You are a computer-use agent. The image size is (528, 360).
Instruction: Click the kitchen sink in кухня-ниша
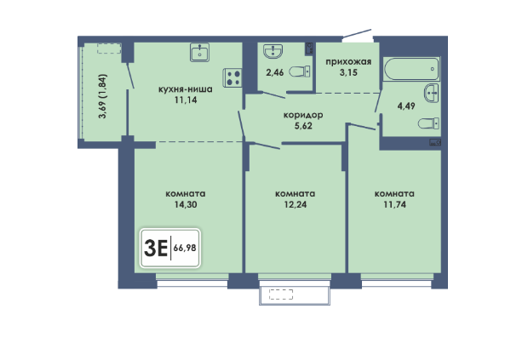[199, 52]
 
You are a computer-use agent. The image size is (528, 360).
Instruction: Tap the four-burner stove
[232, 77]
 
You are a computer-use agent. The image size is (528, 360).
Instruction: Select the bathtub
[411, 69]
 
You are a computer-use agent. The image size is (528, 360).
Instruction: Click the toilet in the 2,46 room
[300, 71]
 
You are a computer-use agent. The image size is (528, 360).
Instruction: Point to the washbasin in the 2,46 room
[273, 51]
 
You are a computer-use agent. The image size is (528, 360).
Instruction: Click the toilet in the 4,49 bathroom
[428, 123]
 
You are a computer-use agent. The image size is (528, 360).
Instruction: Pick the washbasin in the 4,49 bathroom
[432, 94]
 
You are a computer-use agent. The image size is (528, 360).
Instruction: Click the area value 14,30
[186, 204]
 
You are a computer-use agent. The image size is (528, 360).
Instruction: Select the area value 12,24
[296, 204]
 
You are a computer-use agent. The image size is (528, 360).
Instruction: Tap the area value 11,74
[394, 204]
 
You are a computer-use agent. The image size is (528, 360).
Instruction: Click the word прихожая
[348, 62]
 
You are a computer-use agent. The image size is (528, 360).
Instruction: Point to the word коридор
[303, 115]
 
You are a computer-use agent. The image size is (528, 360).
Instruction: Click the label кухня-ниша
[185, 89]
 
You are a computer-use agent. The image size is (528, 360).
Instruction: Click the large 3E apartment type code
[156, 249]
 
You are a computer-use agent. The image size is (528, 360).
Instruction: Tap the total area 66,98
[185, 248]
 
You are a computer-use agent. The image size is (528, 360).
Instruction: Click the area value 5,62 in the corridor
[303, 126]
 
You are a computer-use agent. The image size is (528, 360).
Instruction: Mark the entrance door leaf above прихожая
[357, 33]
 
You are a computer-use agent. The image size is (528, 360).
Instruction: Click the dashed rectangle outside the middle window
[281, 294]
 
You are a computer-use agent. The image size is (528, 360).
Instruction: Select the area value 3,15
[348, 72]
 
